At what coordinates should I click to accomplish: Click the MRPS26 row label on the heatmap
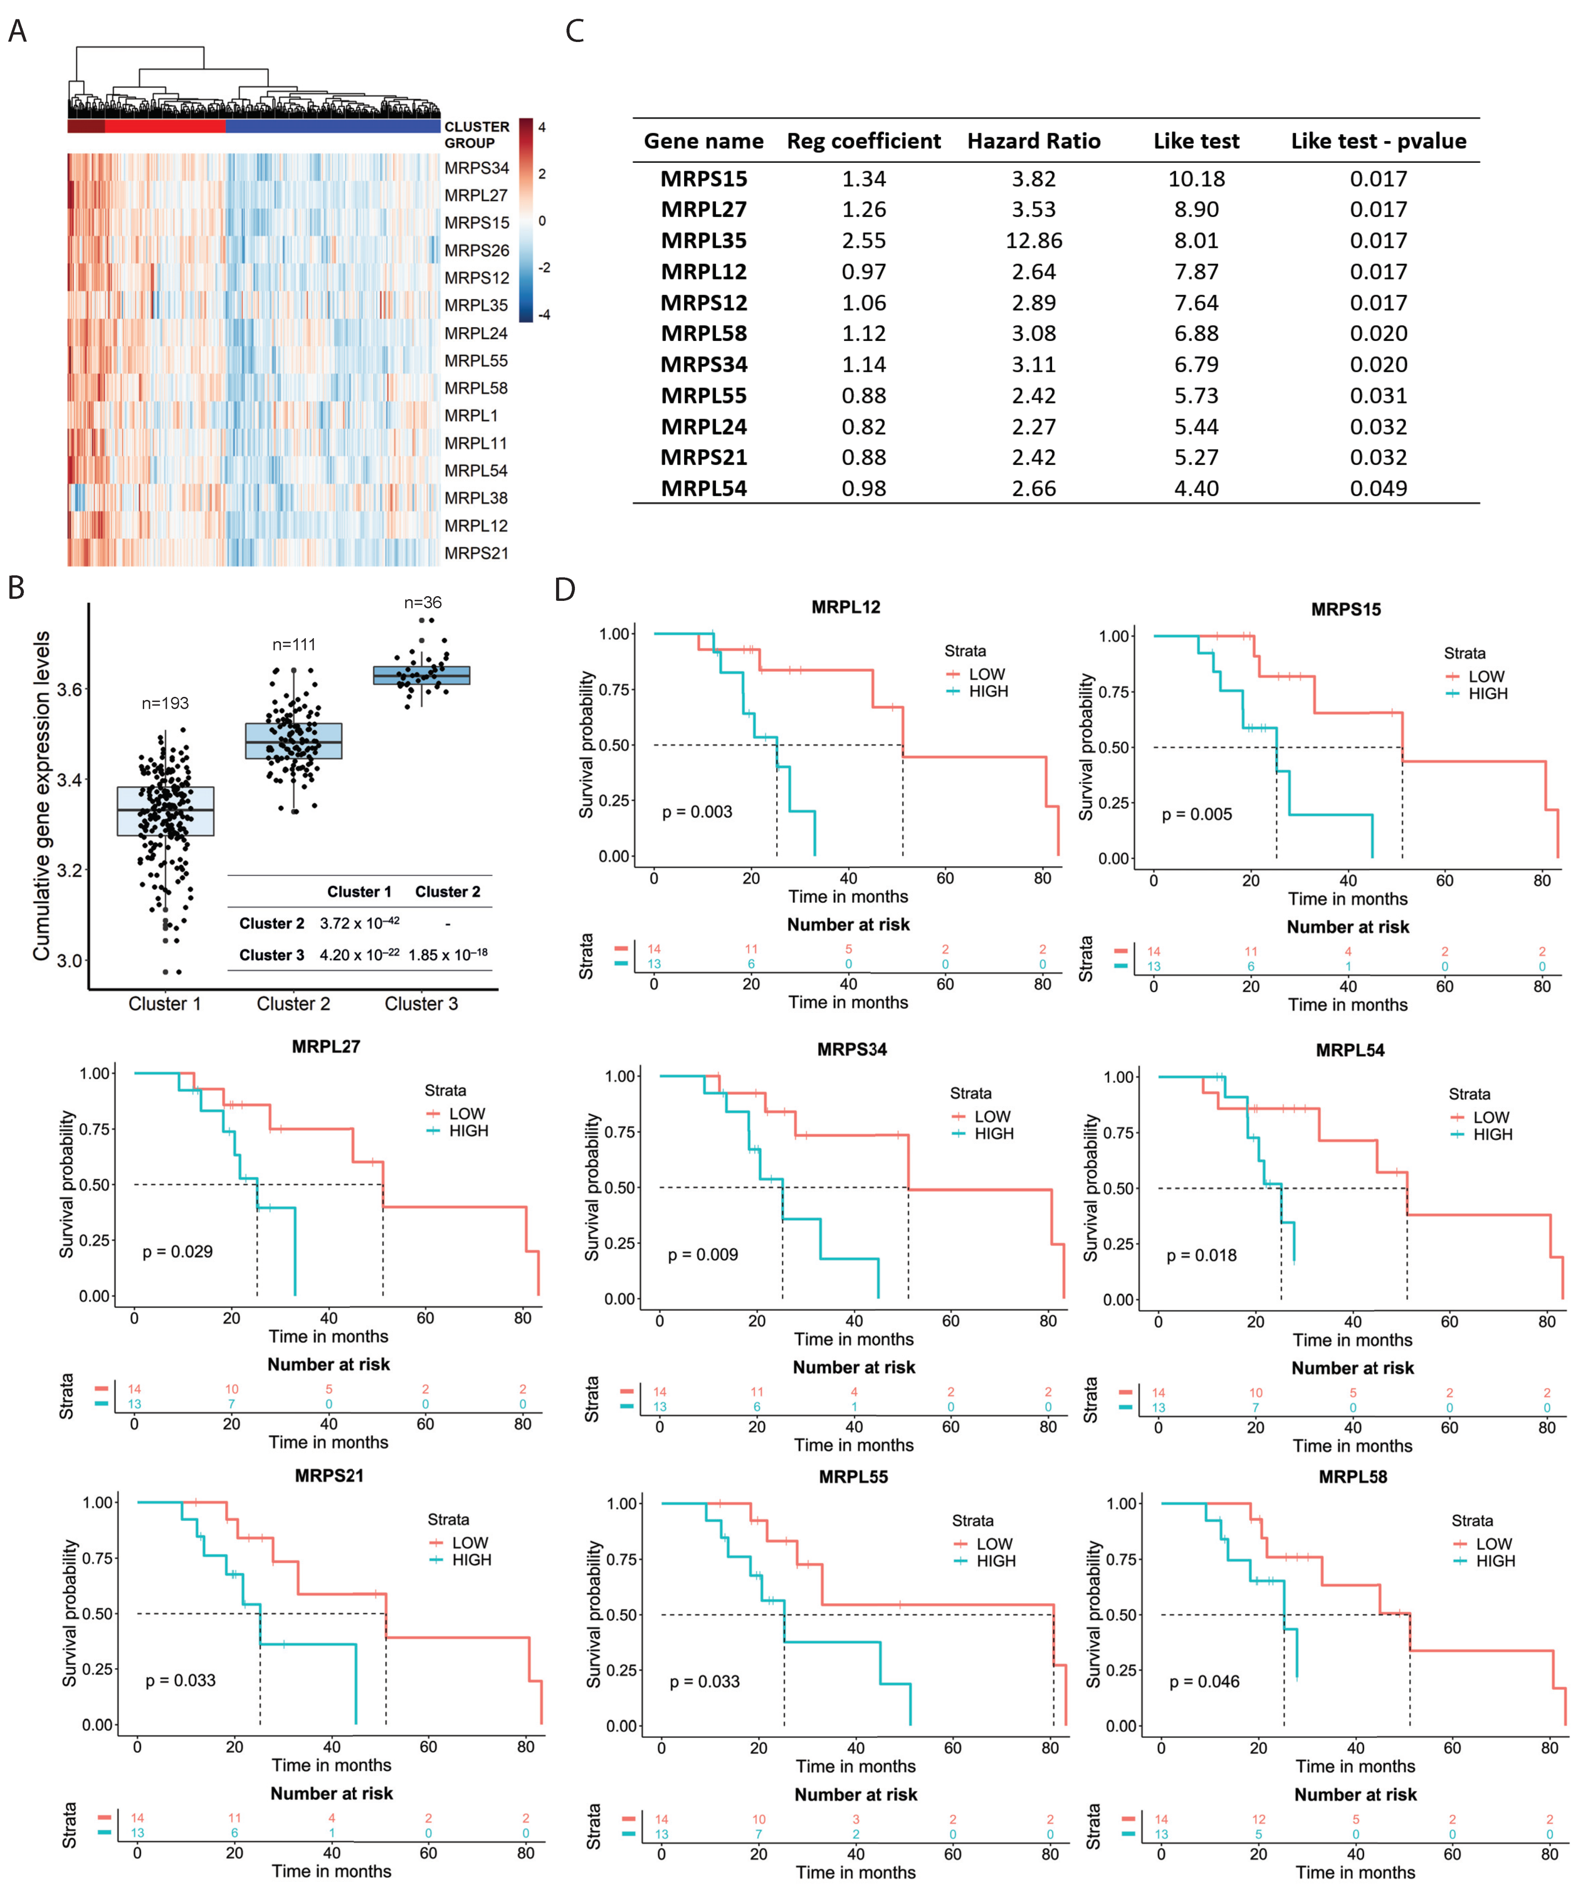[477, 250]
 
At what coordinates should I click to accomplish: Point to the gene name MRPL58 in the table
[704, 333]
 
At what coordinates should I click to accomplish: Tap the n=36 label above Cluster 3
[422, 602]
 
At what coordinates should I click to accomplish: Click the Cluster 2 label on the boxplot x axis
[293, 1003]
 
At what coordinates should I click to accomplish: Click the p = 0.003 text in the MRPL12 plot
[697, 812]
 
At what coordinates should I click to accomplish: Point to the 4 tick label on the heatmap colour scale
[542, 127]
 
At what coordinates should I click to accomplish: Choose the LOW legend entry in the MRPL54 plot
[1491, 1117]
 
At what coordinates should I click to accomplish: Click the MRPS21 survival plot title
[329, 1475]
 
